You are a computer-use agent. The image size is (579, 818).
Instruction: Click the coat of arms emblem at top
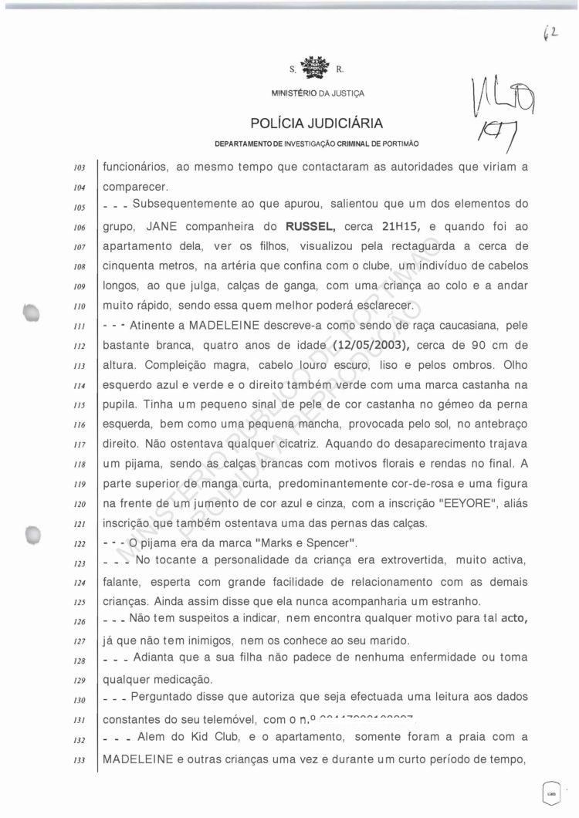(313, 69)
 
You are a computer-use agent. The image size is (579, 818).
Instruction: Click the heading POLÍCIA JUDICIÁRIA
(317, 123)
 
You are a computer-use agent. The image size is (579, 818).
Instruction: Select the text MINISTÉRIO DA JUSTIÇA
(317, 94)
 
